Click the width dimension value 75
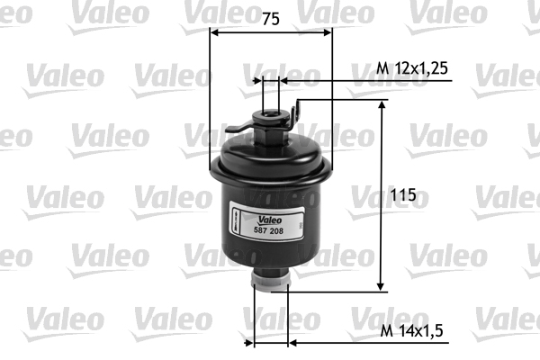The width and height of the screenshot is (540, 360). [270, 18]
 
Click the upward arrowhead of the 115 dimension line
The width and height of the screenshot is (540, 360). [383, 106]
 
